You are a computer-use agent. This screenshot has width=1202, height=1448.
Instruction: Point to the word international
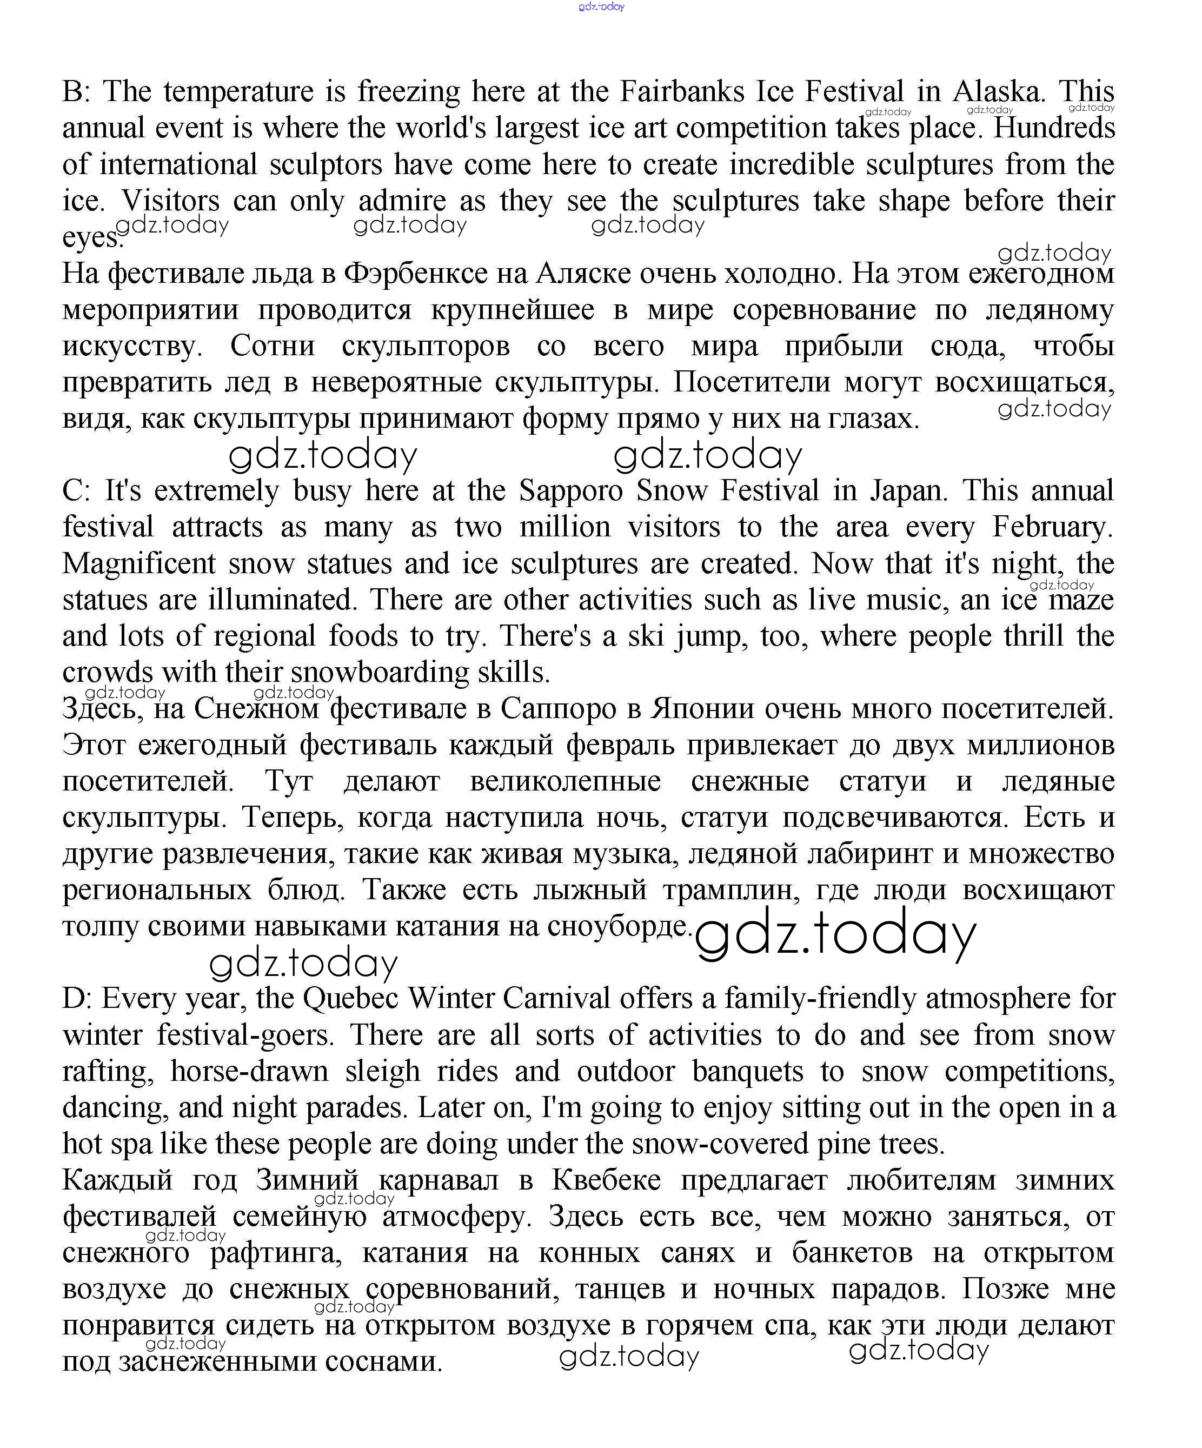coord(178,165)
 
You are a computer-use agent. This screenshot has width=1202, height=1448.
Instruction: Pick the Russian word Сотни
coord(273,346)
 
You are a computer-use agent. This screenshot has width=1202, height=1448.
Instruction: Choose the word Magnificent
coord(138,564)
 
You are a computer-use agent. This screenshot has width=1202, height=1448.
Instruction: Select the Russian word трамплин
coord(731,890)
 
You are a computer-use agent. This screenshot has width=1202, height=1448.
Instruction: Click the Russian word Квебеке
coord(606,1180)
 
